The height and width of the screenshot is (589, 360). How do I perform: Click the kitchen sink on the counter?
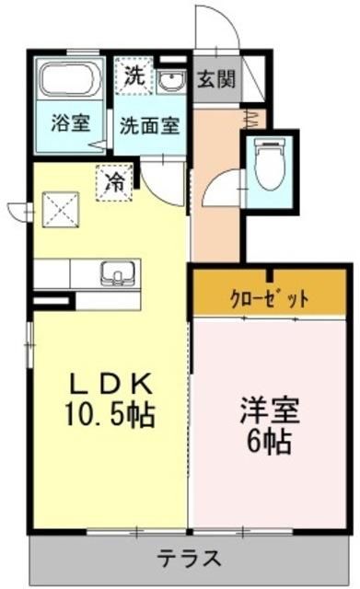pos(116,272)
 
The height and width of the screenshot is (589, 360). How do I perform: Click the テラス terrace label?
pos(187,558)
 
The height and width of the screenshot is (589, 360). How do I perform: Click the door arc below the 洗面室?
pos(168,182)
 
